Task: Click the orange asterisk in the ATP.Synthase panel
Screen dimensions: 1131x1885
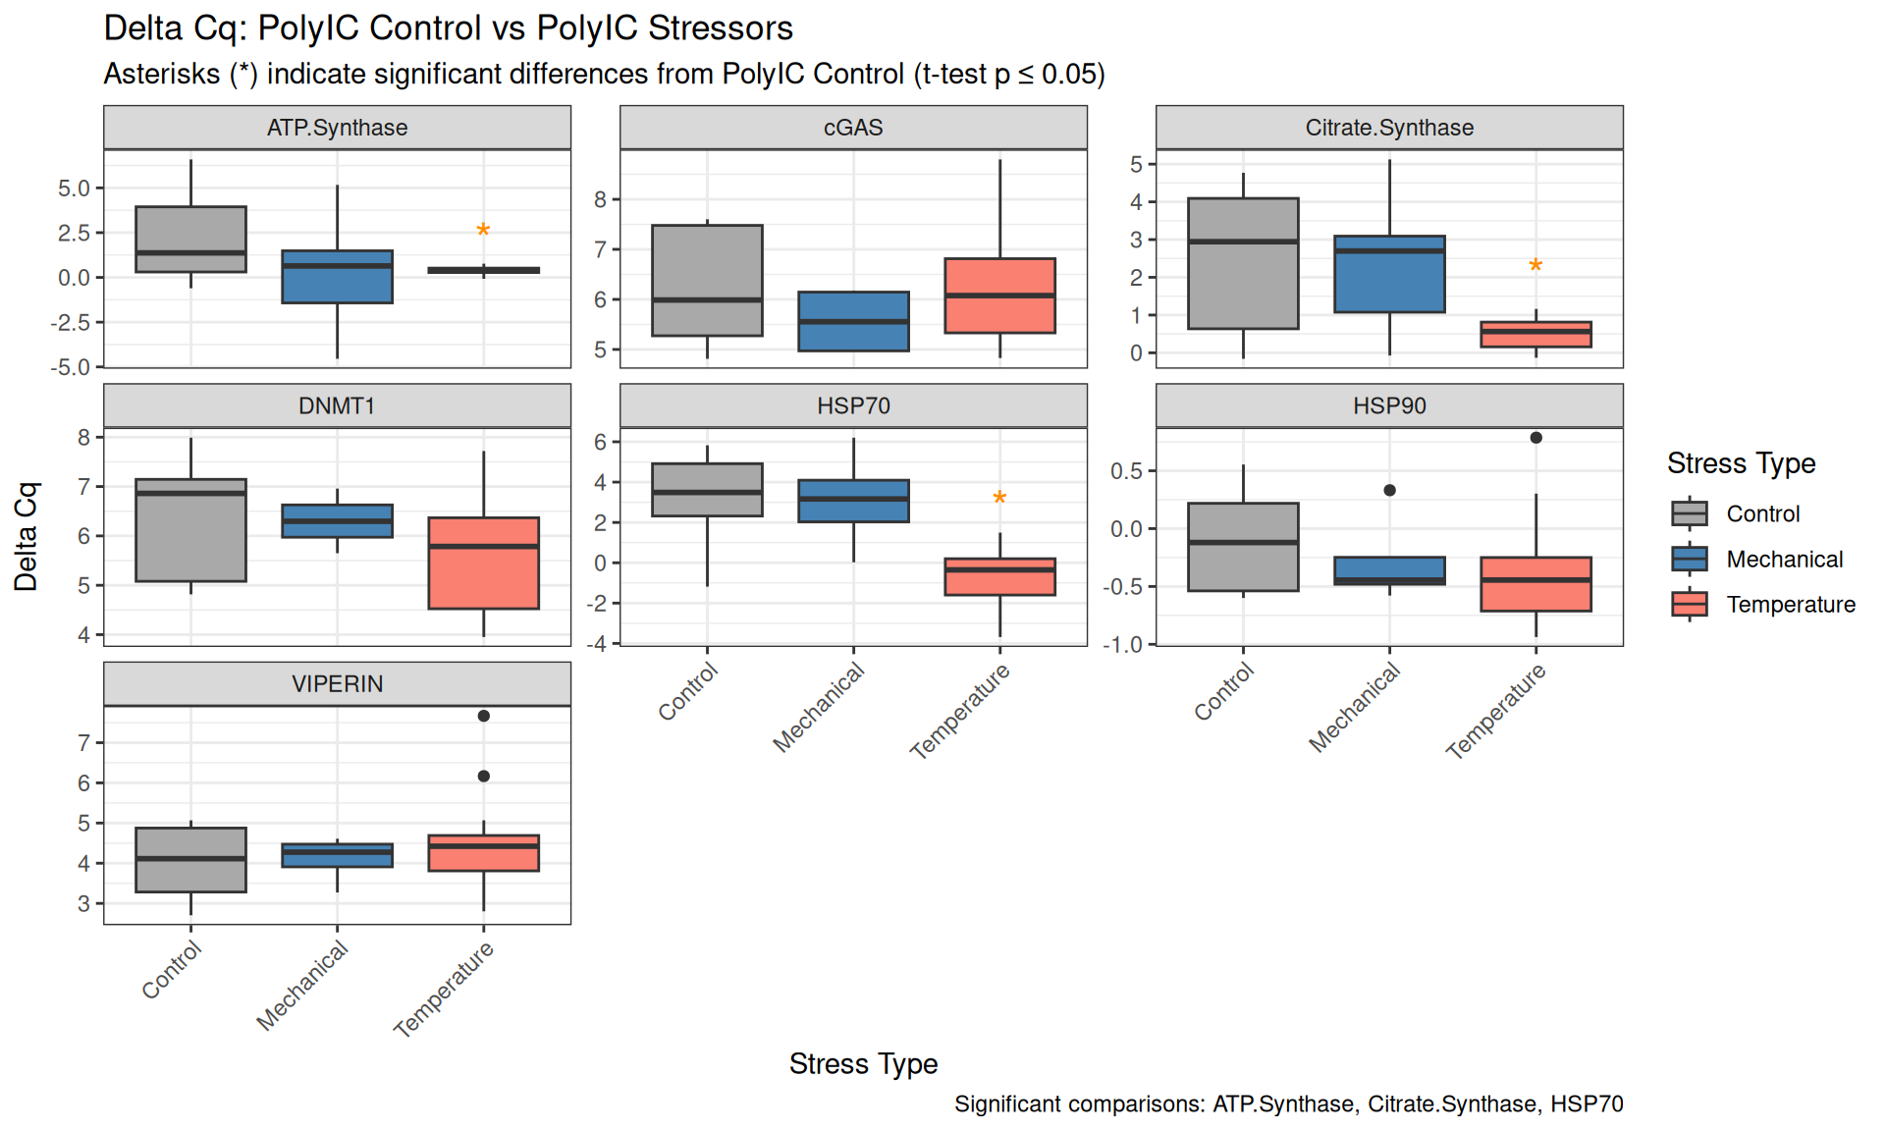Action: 483,231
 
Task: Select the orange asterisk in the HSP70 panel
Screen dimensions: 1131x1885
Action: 999,499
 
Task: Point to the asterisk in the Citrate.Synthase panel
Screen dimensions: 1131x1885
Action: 1535,266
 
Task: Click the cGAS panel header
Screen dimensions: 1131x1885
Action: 853,128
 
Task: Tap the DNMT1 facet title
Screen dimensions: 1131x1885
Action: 337,406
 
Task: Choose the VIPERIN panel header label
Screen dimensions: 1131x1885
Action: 337,684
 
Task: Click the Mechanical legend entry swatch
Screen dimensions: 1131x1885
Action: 1689,559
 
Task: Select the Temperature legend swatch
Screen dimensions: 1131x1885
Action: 1689,604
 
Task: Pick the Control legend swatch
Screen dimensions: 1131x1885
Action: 1689,513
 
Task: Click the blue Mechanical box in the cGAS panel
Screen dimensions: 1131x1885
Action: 853,321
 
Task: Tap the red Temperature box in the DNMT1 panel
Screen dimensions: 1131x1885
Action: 483,564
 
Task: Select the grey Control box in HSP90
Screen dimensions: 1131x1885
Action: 1243,547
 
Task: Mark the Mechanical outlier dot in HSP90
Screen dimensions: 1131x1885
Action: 1389,490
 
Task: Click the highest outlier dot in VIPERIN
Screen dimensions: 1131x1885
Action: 483,716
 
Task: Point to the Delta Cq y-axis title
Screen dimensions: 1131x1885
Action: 26,536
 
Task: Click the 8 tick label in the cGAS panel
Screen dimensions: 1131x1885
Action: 601,199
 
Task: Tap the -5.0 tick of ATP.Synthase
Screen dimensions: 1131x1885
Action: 73,367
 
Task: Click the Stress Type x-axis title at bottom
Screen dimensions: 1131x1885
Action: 863,1064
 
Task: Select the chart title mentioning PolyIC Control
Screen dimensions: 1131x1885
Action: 448,28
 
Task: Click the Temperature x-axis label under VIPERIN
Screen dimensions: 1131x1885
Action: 444,988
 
